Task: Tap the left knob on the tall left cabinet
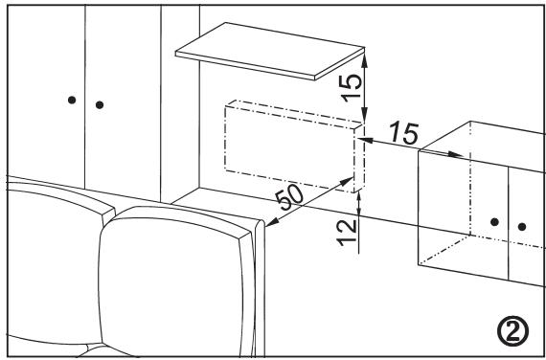71,99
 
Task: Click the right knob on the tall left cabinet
100,102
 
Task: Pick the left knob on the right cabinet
494,221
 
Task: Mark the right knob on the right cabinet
522,227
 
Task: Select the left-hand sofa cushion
48,259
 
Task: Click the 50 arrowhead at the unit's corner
350,179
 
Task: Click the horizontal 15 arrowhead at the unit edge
361,137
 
